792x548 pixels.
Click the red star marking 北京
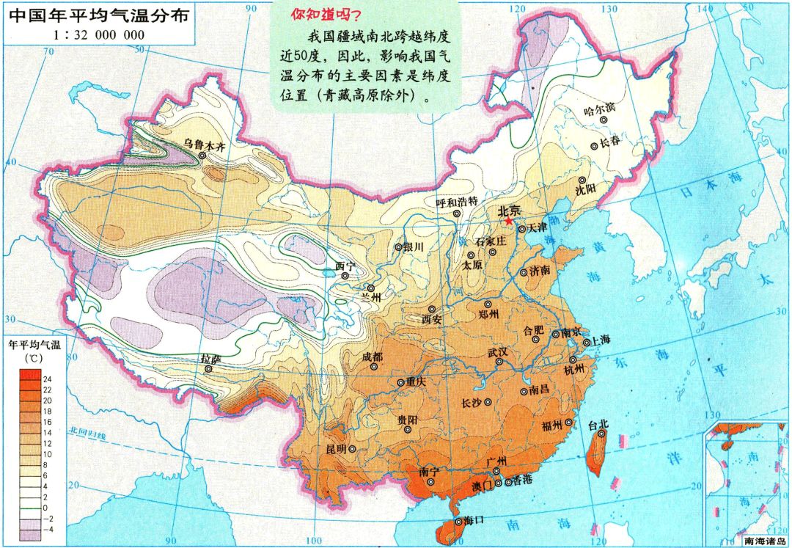coord(507,221)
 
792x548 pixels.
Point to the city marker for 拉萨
coord(209,369)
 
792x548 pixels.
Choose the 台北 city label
coord(598,424)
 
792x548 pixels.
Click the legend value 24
coord(48,379)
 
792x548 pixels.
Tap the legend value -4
coord(48,528)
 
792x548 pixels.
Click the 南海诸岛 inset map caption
coord(766,541)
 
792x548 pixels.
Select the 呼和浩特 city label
coord(456,202)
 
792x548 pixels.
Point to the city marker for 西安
coord(432,310)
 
